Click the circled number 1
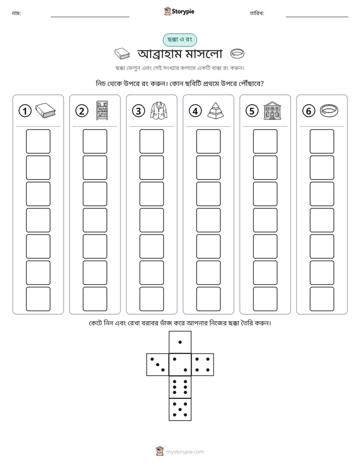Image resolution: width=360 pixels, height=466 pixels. click(x=25, y=111)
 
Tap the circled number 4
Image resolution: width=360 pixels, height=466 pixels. click(x=195, y=111)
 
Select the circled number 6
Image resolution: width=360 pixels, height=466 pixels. click(x=309, y=111)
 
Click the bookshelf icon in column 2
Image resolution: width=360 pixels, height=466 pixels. click(x=102, y=110)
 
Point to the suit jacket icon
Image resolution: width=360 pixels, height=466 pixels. click(x=159, y=110)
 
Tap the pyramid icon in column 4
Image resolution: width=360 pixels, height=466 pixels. click(x=215, y=110)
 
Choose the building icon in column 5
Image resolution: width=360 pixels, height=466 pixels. click(x=272, y=110)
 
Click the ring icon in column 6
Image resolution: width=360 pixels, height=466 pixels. click(x=329, y=110)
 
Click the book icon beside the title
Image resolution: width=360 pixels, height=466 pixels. click(x=122, y=54)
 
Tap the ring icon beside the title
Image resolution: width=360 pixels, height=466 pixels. click(x=237, y=53)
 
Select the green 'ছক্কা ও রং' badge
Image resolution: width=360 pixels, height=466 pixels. click(x=179, y=40)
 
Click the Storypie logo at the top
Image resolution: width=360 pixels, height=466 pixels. click(x=179, y=11)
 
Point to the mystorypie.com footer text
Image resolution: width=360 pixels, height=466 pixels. click(x=185, y=452)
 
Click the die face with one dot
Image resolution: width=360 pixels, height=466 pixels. click(x=180, y=342)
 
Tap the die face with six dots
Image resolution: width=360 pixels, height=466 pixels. click(x=180, y=387)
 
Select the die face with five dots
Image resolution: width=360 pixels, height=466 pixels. click(x=180, y=409)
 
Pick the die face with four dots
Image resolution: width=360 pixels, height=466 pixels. click(x=203, y=365)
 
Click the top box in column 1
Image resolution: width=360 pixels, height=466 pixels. click(x=38, y=141)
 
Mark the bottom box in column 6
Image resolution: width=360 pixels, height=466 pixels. click(x=322, y=299)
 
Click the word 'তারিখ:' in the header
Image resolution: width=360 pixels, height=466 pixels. click(x=257, y=13)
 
